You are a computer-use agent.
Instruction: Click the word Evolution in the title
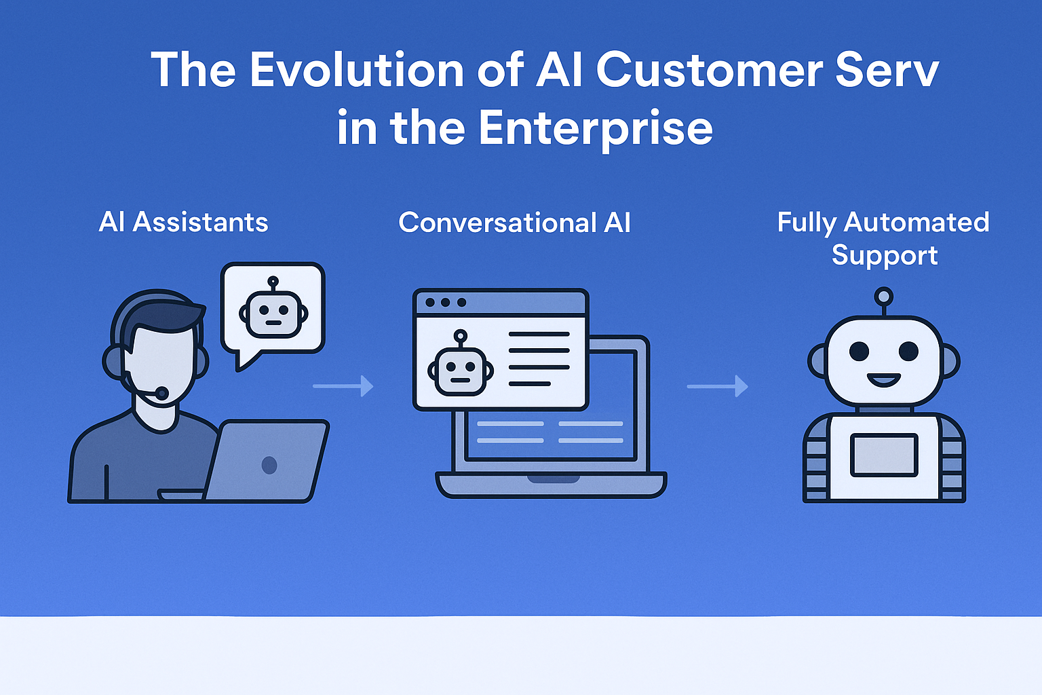(x=356, y=70)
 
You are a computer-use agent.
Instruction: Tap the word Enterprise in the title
(x=596, y=128)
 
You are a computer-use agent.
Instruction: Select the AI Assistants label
(x=183, y=222)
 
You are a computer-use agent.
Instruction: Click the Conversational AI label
(x=514, y=223)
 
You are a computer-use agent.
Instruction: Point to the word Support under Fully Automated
(x=885, y=256)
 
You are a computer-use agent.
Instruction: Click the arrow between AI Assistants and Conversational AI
(x=343, y=386)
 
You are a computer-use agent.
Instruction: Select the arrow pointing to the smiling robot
(x=717, y=386)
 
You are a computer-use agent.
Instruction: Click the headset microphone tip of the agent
(x=161, y=393)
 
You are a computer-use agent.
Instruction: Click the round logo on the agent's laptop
(x=269, y=465)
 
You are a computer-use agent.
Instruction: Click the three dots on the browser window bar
(x=446, y=303)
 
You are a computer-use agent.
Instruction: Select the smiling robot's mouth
(x=883, y=380)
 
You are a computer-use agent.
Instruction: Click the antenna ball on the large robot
(x=883, y=297)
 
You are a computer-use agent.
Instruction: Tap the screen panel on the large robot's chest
(x=884, y=455)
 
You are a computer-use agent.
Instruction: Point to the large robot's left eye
(x=859, y=352)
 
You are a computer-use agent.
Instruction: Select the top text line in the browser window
(x=539, y=334)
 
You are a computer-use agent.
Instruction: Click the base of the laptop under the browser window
(x=552, y=485)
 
